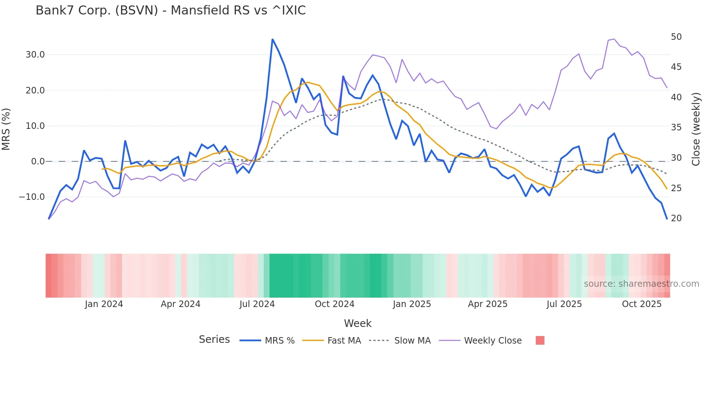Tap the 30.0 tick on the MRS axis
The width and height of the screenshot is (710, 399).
pos(35,55)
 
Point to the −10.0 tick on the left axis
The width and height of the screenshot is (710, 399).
pos(32,197)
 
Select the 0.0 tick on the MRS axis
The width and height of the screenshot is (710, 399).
pos(38,161)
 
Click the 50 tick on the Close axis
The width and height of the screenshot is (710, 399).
pos(676,37)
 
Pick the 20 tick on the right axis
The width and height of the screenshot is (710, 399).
pos(676,218)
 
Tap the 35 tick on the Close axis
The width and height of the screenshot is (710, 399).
pos(676,127)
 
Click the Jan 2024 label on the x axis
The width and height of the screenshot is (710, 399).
pos(104,304)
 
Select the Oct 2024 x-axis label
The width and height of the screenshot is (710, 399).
pos(334,304)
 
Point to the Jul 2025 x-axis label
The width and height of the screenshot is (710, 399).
pos(564,304)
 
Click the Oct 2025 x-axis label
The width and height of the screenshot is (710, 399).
pos(642,304)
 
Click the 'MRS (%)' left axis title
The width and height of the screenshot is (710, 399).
pos(6,129)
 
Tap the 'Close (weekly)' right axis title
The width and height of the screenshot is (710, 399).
pos(696,129)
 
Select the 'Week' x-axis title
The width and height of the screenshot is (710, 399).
pos(358,323)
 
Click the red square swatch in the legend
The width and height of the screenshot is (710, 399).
pos(540,340)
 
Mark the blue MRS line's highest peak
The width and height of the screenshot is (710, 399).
pos(272,39)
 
